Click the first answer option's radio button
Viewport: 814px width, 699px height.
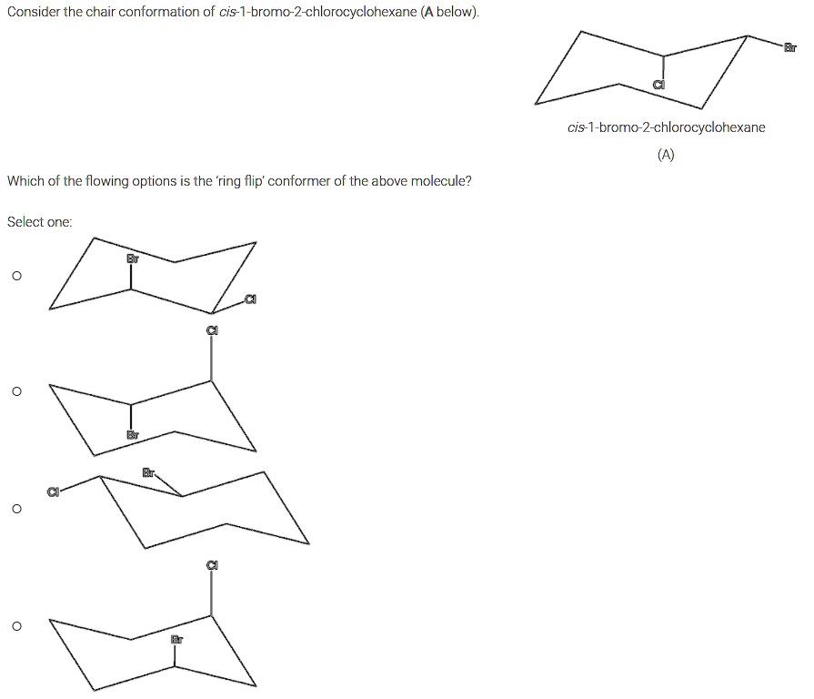15,275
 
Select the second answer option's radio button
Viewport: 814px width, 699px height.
15,391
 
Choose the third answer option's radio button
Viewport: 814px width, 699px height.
15,509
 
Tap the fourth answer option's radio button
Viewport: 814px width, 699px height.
15,626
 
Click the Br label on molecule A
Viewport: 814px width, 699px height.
790,46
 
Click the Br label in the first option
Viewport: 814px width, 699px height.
133,259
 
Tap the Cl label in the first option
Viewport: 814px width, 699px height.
249,299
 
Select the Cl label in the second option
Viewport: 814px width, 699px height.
212,330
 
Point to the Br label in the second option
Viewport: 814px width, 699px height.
133,435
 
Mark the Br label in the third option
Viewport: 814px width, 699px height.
148,472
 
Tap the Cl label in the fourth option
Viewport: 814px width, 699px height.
212,565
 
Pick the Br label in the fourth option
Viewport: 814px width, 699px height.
177,640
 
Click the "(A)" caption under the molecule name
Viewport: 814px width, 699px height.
666,155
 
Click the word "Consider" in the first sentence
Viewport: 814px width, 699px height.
33,12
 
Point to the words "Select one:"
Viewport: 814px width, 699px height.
39,221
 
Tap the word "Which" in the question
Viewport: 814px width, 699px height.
26,180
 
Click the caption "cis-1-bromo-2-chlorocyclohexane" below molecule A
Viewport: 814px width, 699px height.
666,127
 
